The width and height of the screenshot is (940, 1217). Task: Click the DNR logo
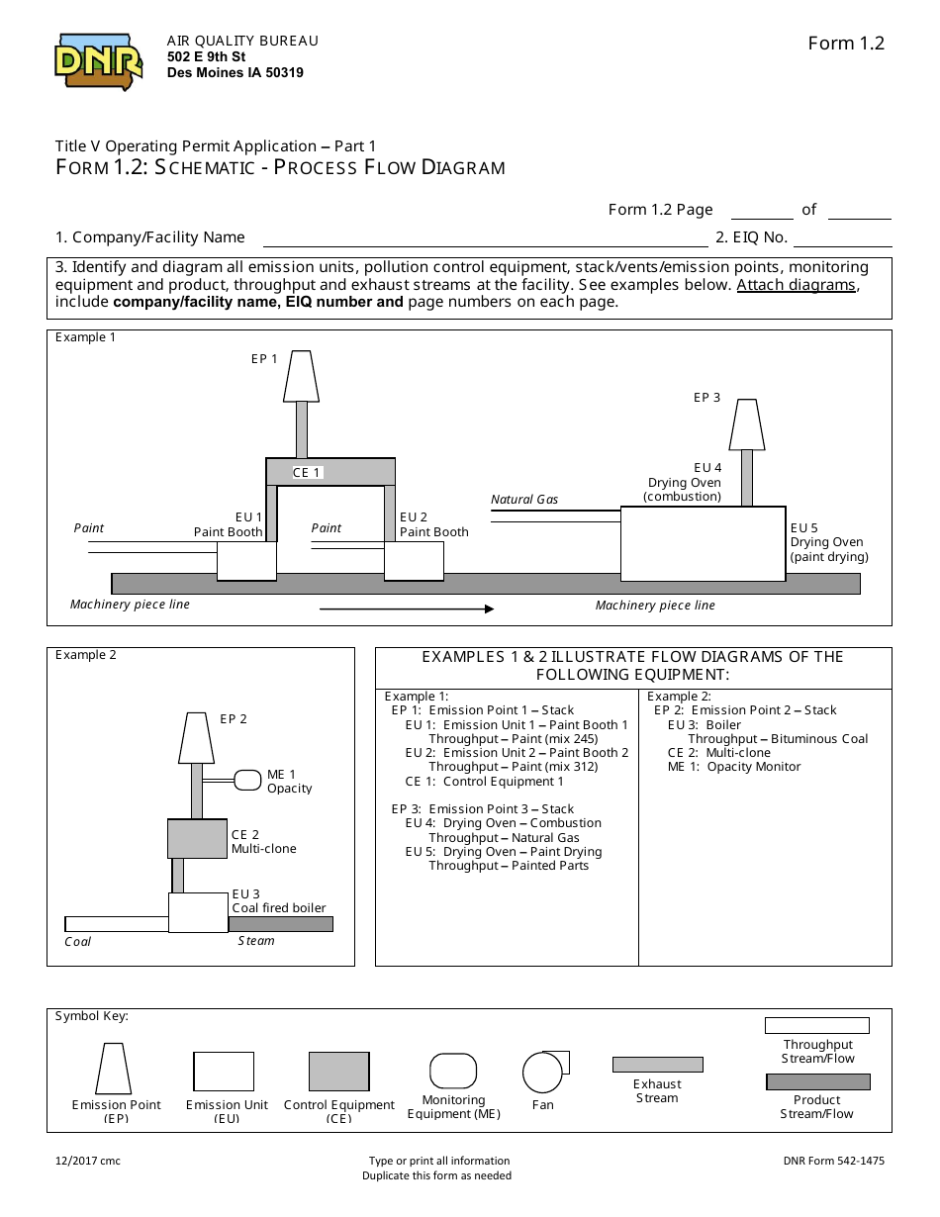click(x=98, y=62)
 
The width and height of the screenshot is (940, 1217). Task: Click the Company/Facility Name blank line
click(x=484, y=238)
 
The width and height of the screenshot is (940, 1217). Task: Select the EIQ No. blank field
click(x=842, y=238)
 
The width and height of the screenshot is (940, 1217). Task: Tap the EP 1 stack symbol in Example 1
click(x=301, y=376)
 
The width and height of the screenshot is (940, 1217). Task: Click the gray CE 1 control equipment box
click(x=330, y=472)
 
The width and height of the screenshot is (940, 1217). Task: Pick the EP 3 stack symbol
click(x=746, y=424)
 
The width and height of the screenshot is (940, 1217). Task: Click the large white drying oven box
click(x=703, y=543)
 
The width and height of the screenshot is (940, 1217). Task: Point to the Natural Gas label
click(x=524, y=500)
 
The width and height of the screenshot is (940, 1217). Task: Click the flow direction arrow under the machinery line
click(x=406, y=609)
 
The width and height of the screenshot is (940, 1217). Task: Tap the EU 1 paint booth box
click(x=246, y=561)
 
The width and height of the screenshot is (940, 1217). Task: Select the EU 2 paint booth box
click(x=414, y=561)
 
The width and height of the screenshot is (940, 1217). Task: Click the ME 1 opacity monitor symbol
click(x=246, y=781)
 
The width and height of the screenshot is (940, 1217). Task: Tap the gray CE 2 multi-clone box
click(x=197, y=839)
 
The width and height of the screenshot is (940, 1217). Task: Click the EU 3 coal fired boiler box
click(x=198, y=912)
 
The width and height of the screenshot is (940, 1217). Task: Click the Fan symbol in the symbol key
click(x=542, y=1072)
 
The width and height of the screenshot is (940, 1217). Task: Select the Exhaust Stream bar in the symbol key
click(x=657, y=1065)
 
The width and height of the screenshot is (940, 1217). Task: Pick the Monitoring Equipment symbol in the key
click(x=453, y=1071)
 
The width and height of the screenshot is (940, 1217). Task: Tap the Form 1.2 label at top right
click(x=845, y=43)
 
